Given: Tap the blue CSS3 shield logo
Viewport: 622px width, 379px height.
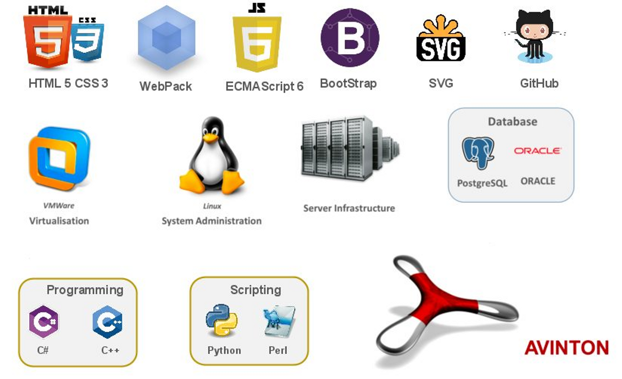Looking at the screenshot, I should point(88,43).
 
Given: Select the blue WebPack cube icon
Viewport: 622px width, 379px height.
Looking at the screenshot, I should point(166,39).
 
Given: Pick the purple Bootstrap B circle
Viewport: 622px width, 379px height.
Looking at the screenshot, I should point(350,38).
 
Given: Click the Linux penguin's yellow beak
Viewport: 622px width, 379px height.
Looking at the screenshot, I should point(211,138).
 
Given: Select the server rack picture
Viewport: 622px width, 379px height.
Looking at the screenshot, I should point(349,148).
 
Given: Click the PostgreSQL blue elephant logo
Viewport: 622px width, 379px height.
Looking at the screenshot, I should point(478,153).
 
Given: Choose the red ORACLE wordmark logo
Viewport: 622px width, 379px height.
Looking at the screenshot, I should point(537,151).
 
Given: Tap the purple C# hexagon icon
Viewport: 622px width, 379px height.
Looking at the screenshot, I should point(44,321).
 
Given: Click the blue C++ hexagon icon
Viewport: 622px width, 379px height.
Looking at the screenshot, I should point(108,321).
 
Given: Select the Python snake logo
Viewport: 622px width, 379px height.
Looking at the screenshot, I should point(222,320).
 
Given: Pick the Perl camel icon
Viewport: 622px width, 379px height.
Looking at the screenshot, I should point(279,321).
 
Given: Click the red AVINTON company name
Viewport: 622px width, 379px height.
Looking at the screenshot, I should point(567,348).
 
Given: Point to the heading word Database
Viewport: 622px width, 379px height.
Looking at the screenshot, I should point(512,122).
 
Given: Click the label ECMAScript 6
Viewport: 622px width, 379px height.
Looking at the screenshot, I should point(264,87).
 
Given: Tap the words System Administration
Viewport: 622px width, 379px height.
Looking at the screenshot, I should point(212,221).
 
